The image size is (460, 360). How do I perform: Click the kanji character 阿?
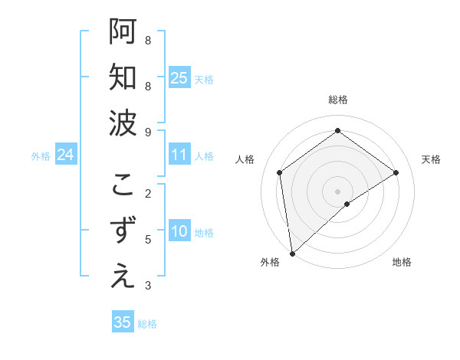(123, 32)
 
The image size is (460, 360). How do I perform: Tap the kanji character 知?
(123, 78)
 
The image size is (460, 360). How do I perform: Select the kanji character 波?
(123, 123)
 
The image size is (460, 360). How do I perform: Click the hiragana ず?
(123, 231)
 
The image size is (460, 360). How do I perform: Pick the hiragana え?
(123, 277)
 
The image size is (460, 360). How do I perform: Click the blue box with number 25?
(179, 78)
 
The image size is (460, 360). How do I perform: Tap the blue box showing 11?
(179, 155)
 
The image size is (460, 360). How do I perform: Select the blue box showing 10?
(179, 232)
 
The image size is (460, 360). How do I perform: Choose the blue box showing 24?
(66, 155)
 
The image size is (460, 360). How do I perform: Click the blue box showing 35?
(123, 322)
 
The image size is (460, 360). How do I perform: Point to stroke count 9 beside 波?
(148, 132)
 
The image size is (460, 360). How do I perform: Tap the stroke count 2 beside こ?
(148, 194)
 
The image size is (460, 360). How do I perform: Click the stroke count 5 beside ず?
(148, 240)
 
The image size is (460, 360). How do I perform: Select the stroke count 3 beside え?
(148, 286)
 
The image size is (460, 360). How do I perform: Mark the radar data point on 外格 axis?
(292, 253)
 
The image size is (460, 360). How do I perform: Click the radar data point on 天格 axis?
(396, 172)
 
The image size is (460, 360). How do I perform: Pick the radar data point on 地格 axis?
(347, 204)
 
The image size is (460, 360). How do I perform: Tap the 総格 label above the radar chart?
(338, 100)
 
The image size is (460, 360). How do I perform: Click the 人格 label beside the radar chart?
(245, 159)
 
